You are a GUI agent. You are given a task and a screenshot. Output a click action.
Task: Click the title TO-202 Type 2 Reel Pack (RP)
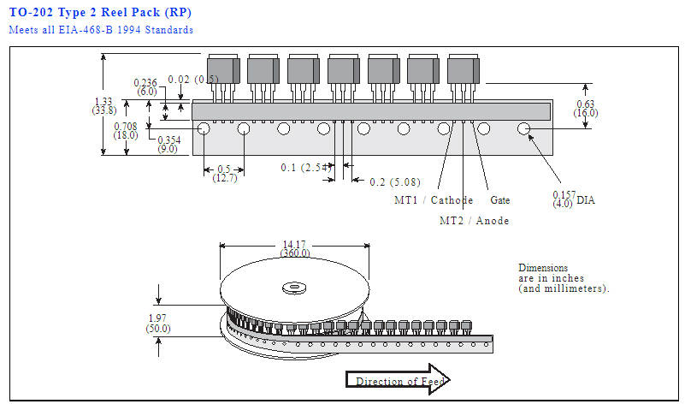pos(100,12)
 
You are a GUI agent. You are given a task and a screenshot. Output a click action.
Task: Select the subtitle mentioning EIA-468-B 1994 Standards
pos(101,30)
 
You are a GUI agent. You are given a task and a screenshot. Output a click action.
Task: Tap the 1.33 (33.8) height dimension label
pos(104,106)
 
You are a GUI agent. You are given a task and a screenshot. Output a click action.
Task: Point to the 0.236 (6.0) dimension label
pos(146,87)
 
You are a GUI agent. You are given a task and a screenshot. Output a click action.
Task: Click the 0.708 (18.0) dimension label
pos(126,131)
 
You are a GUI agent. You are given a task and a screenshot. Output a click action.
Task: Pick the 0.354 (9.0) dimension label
pos(168,145)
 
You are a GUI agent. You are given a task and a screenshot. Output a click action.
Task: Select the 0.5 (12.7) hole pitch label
pos(225,174)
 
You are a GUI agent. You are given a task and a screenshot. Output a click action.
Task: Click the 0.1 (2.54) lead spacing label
pos(306,168)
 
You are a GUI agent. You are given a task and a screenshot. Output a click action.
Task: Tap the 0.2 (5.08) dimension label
pos(395,181)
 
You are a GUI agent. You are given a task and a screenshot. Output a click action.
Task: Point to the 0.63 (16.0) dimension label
pos(586,109)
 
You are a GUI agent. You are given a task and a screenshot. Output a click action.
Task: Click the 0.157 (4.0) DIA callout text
pos(574,199)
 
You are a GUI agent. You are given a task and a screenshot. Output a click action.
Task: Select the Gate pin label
pos(500,200)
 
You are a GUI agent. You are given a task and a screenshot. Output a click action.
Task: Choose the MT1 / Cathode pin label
pos(434,200)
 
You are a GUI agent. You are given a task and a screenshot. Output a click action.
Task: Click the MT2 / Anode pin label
pos(475,221)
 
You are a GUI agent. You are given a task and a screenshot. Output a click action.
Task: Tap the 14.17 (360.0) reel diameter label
pos(295,249)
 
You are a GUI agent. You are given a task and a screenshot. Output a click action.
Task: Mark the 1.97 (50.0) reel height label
pos(157,324)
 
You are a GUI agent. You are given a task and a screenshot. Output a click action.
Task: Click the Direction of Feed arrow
pos(398,379)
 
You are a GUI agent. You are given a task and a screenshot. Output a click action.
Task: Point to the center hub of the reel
pos(294,288)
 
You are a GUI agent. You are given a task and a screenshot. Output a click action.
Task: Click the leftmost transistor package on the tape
pos(223,69)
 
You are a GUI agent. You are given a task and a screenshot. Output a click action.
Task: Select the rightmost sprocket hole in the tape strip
pos(523,128)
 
